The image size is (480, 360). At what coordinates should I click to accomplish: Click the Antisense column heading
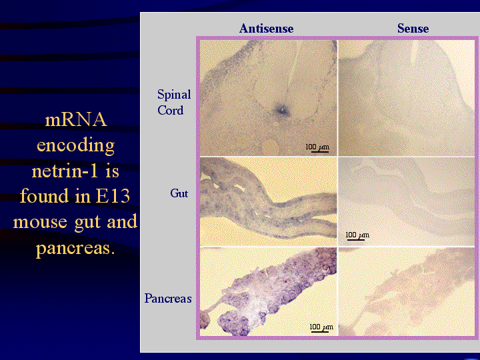click(266, 29)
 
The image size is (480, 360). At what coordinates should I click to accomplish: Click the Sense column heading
click(413, 29)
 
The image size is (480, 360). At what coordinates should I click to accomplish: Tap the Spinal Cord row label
click(174, 102)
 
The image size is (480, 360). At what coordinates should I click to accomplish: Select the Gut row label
click(179, 193)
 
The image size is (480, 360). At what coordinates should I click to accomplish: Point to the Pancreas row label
click(168, 298)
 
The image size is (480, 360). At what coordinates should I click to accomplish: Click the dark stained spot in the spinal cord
click(281, 111)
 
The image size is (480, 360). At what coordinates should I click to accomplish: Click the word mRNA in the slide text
click(76, 120)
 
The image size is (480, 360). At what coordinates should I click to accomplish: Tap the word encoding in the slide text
click(75, 146)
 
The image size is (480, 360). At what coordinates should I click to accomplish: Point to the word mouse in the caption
click(40, 222)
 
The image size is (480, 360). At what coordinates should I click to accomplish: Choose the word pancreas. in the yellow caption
click(75, 249)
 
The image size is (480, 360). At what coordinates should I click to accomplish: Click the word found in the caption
click(45, 195)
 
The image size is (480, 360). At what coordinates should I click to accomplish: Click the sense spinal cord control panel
click(407, 98)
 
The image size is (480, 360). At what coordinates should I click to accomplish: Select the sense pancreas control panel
click(407, 292)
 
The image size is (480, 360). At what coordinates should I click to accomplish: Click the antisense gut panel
click(269, 202)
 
